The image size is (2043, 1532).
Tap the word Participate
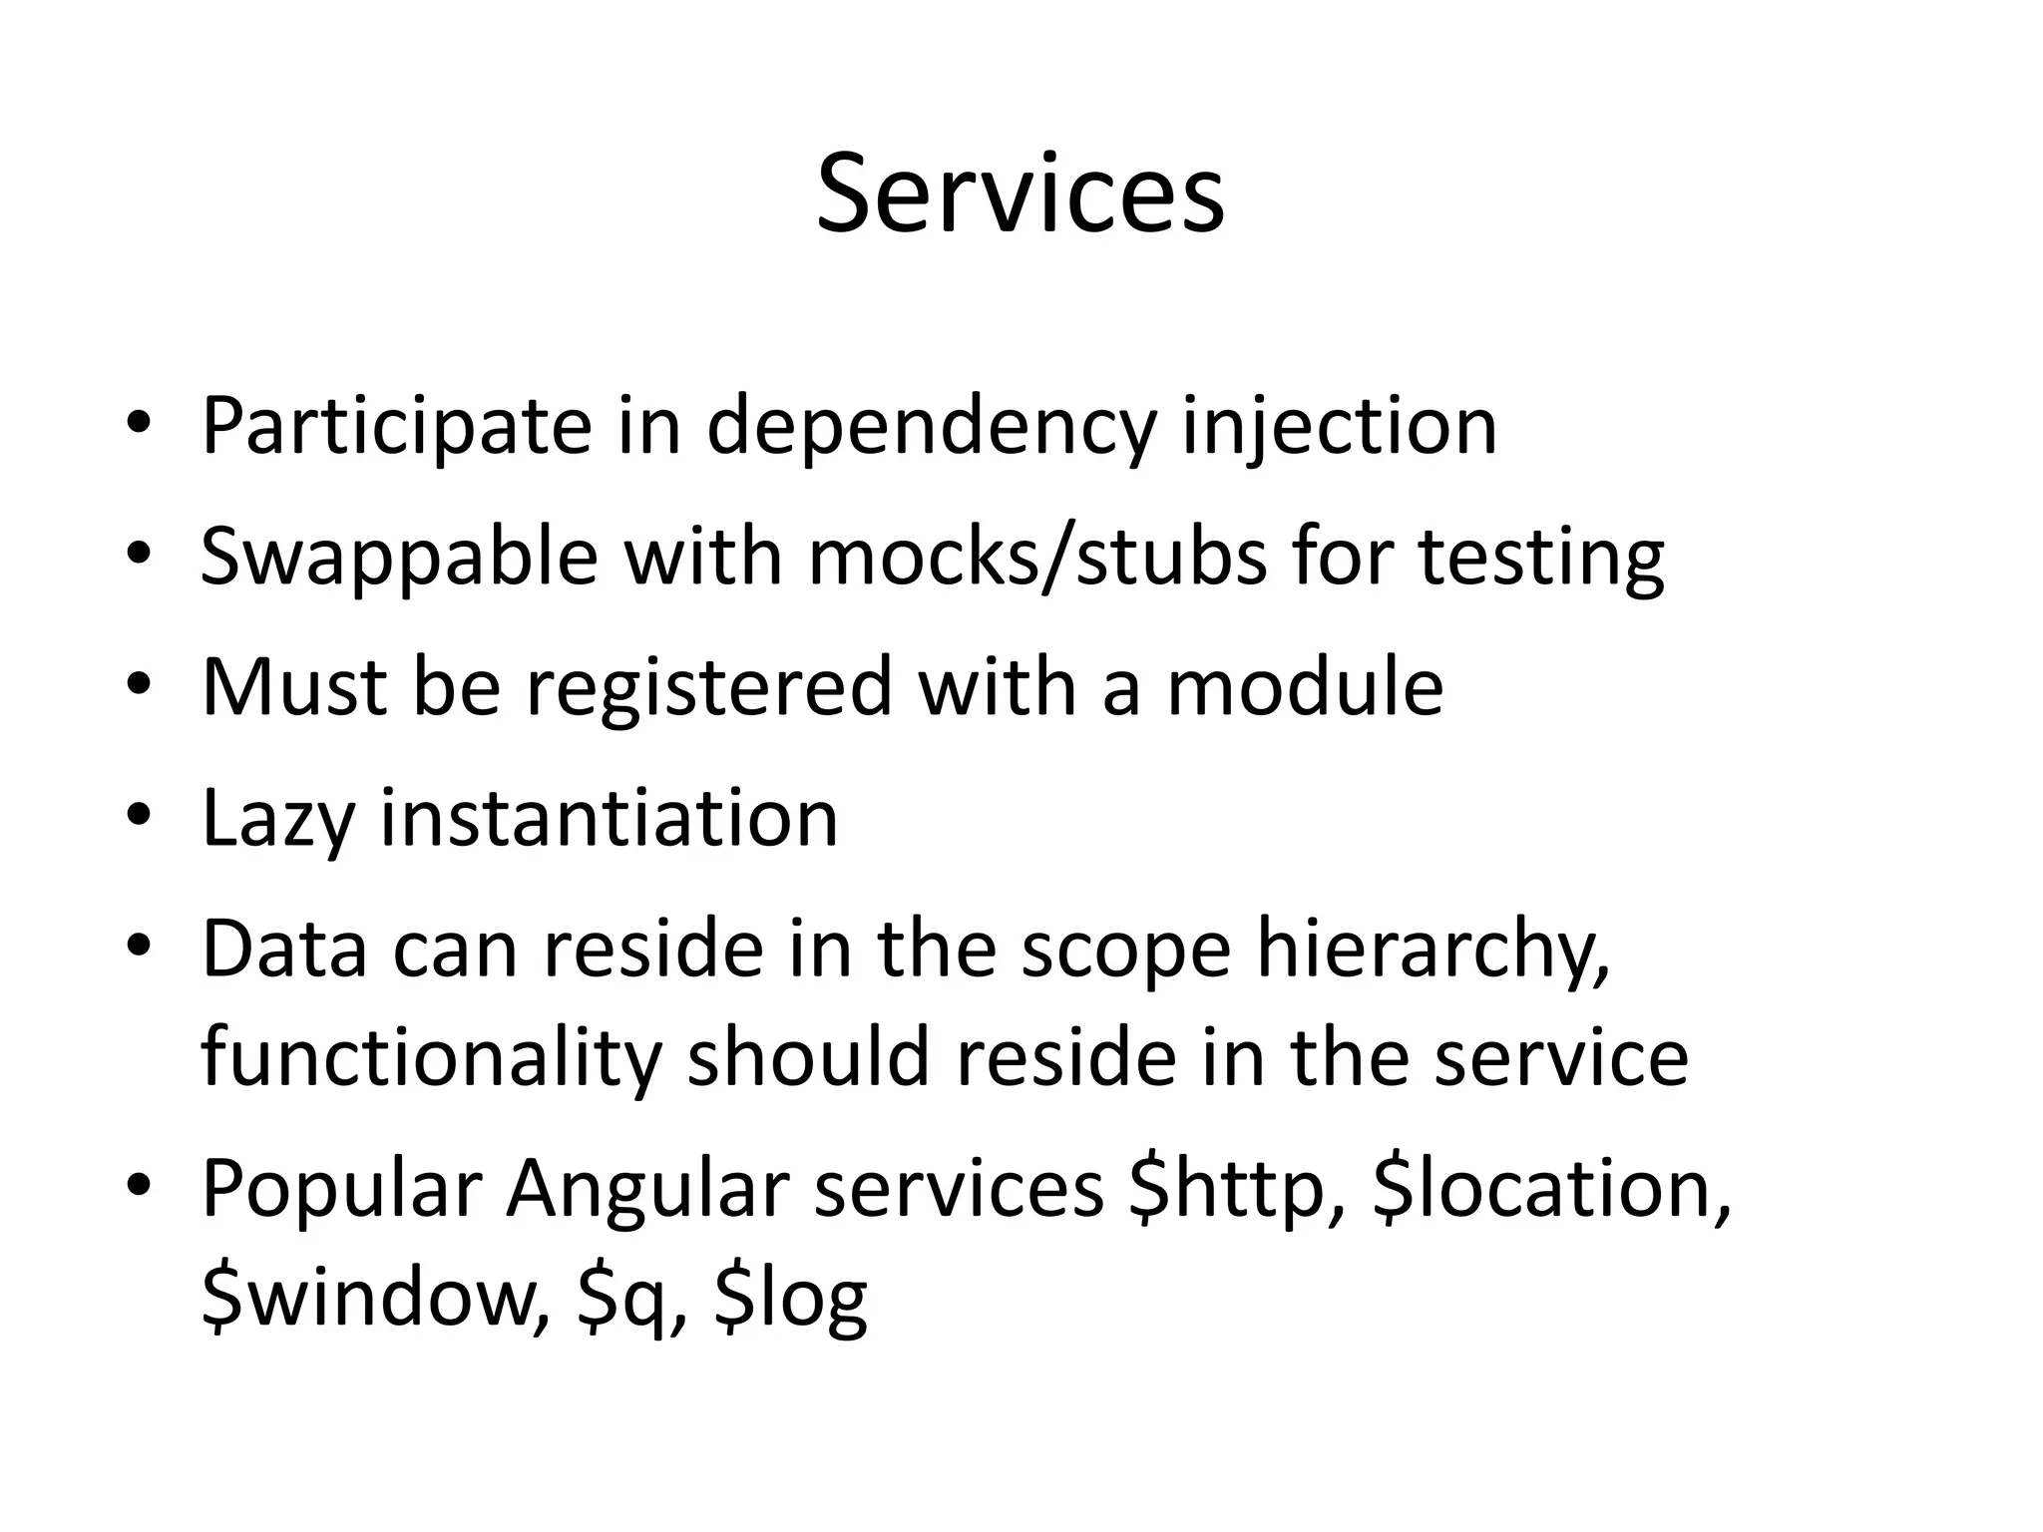(396, 426)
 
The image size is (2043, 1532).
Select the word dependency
(932, 426)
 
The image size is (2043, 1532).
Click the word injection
(1339, 426)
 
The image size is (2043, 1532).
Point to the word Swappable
(399, 557)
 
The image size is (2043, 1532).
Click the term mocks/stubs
(1037, 557)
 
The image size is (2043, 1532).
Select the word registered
(707, 687)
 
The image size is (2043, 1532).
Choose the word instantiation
(610, 819)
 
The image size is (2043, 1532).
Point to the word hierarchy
(1432, 950)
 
